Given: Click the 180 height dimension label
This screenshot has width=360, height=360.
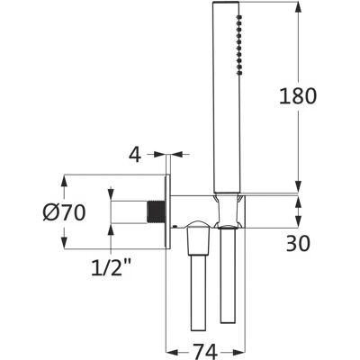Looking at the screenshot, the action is click(298, 96).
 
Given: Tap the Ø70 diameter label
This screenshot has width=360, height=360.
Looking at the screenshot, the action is click(64, 212).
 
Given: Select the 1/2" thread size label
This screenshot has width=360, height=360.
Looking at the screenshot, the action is click(112, 267).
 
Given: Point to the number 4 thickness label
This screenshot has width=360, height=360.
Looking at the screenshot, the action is click(135, 155).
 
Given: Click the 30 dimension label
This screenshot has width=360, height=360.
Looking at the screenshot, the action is click(298, 243).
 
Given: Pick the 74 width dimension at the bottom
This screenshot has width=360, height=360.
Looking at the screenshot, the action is click(204, 351).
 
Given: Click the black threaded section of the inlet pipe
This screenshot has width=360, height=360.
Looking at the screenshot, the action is click(157, 211).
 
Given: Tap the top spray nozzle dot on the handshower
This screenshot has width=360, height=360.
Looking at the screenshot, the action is click(239, 17).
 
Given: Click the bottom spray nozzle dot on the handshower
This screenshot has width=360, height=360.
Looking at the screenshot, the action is click(239, 72).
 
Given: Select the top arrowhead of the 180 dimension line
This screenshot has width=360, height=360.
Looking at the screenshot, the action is click(298, 7).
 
